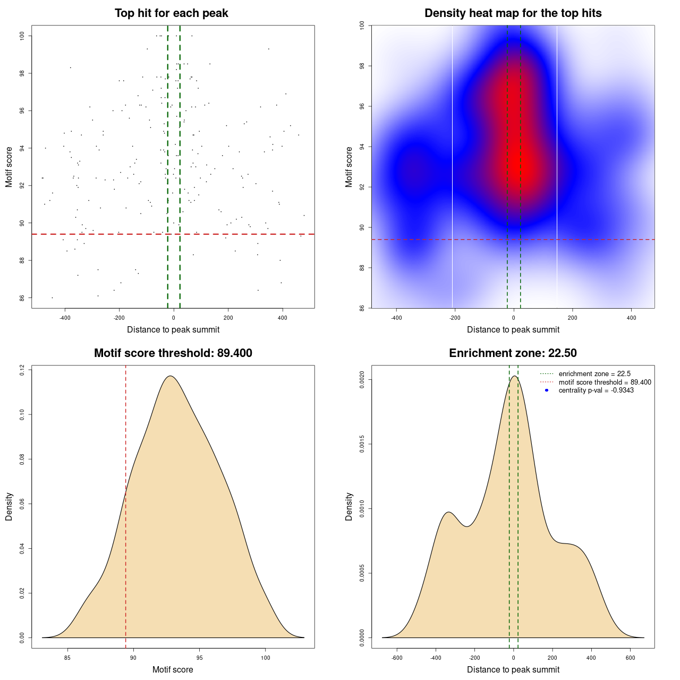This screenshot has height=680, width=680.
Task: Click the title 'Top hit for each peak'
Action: [x=171, y=13]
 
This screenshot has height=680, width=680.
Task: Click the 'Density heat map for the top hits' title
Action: [x=513, y=13]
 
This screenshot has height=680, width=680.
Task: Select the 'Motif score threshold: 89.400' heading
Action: [x=173, y=353]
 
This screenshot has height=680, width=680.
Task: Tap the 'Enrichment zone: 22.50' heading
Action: [x=513, y=353]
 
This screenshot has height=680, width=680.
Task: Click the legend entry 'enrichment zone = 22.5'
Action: [x=594, y=374]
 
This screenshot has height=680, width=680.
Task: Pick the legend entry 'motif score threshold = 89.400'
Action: [x=605, y=382]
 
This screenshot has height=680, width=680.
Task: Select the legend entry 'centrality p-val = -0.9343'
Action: [x=596, y=390]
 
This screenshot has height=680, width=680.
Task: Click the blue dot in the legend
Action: [x=547, y=390]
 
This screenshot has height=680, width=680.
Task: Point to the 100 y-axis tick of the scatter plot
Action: [x=22, y=36]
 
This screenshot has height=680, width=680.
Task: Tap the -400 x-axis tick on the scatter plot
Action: [x=65, y=318]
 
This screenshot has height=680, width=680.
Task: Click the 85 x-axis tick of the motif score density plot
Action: [x=67, y=658]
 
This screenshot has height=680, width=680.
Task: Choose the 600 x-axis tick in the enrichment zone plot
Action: [x=630, y=658]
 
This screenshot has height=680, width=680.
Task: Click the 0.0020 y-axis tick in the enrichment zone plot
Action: [x=362, y=380]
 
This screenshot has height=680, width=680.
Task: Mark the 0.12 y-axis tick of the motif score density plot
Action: [x=22, y=369]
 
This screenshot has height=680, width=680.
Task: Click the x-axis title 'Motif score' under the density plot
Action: [x=173, y=669]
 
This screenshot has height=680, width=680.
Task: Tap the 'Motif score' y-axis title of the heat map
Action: [x=349, y=167]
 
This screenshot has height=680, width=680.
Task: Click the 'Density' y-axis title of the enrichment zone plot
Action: [x=349, y=506]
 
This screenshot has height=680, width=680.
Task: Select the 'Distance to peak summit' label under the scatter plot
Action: [x=173, y=329]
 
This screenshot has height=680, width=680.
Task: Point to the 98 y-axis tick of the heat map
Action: [x=362, y=66]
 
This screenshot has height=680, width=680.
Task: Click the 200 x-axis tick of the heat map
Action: [x=572, y=318]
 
